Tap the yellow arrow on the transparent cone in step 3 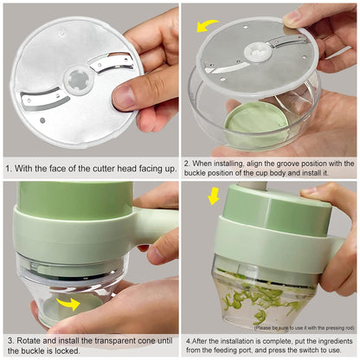point(67,302)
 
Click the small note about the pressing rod point(304,327)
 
